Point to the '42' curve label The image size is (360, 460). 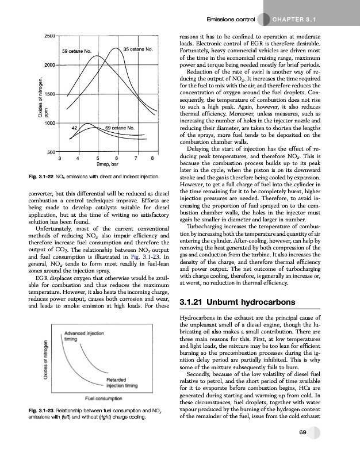point(75,127)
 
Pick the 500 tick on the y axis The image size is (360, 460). point(49,152)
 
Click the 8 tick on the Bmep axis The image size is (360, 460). point(152,157)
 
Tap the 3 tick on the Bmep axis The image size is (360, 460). point(60,157)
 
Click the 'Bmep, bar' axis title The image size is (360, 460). point(105,163)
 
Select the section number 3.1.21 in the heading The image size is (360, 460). point(194,301)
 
